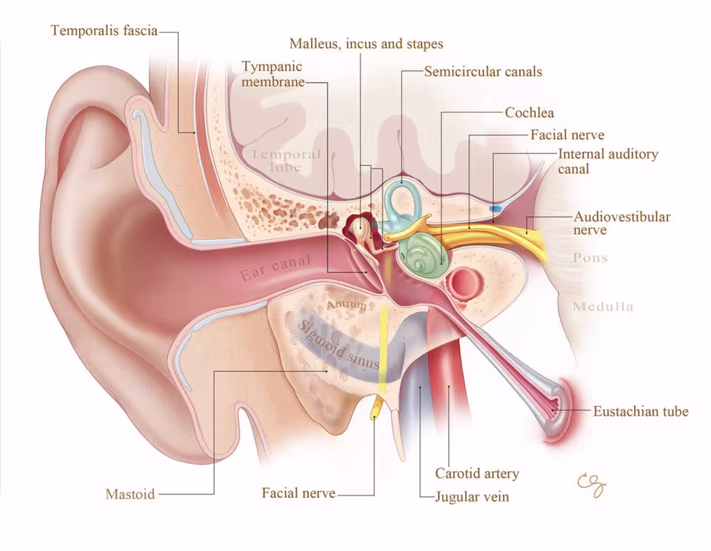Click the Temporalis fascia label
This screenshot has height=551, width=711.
104,30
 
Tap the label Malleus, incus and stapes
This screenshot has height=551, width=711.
367,44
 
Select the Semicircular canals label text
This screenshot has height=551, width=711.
483,72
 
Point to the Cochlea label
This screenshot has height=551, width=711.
529,113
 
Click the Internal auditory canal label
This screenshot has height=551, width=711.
607,161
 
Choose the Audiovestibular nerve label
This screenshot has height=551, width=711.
621,223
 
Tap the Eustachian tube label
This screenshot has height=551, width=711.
641,411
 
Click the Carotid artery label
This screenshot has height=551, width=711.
477,473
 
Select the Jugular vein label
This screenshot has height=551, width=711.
472,497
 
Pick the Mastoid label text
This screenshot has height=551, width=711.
130,494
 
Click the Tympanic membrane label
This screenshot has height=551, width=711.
273,74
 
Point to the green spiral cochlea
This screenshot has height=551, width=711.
427,253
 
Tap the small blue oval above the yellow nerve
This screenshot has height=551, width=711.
495,208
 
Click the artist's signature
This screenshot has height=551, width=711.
592,485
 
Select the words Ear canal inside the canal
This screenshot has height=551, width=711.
276,267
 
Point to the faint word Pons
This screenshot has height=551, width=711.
590,258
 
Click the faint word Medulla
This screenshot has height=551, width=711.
603,307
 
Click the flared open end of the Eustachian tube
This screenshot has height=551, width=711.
561,409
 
